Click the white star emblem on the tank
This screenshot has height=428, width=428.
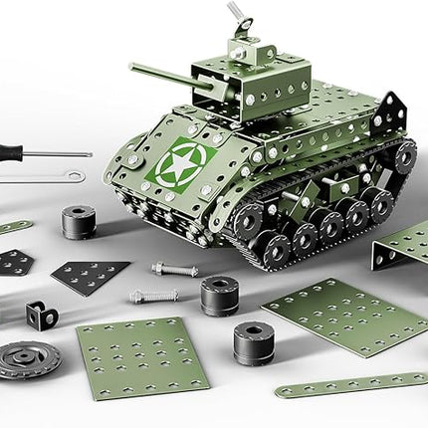(180, 160)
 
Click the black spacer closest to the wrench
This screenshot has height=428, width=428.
(79, 221)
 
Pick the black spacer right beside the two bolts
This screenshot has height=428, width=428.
(219, 295)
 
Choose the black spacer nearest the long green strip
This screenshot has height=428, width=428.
(255, 342)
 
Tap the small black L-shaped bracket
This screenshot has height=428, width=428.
(41, 315)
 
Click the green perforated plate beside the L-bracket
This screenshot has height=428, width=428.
(142, 356)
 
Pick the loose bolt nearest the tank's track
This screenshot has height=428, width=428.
(174, 269)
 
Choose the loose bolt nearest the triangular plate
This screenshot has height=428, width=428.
(153, 296)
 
